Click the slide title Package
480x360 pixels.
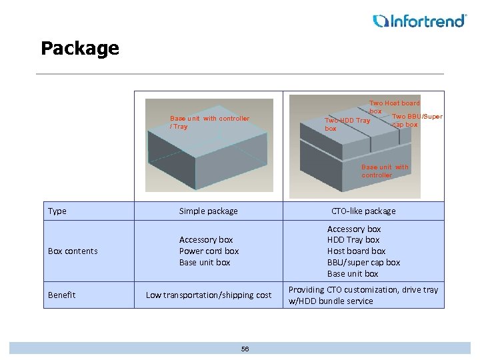tap(79, 48)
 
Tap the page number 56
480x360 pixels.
tap(245, 349)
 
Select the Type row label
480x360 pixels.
tap(57, 211)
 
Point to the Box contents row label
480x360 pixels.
tap(73, 251)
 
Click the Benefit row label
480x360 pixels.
tap(62, 295)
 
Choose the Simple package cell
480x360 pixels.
tap(208, 211)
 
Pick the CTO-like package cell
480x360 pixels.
tap(363, 211)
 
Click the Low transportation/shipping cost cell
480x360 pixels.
tap(209, 295)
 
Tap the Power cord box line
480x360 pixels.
tap(209, 251)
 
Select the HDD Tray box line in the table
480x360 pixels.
tap(353, 240)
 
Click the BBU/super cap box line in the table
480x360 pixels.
tap(363, 263)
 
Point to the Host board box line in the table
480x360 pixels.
tap(356, 251)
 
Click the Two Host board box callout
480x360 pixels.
tap(394, 107)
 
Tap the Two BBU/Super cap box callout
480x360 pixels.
tap(417, 121)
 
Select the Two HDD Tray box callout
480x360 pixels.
tap(347, 124)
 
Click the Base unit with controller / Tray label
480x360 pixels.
tap(209, 122)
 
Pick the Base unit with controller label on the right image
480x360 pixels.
tap(385, 171)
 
